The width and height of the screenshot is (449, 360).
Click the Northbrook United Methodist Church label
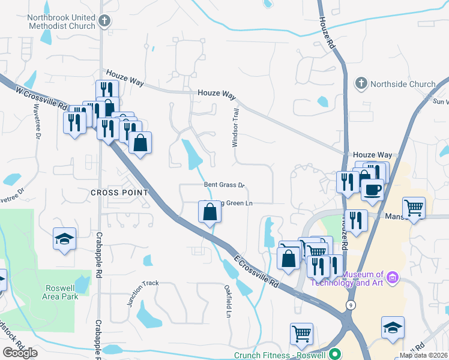pyautogui.click(x=61, y=22)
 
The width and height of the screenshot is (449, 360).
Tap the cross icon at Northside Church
pyautogui.click(x=361, y=82)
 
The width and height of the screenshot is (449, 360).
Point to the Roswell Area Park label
pyautogui.click(x=61, y=292)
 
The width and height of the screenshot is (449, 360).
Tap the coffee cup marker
pyautogui.click(x=372, y=190)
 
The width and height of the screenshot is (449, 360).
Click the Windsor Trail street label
pyautogui.click(x=236, y=128)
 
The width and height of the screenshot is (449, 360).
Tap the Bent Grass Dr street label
pyautogui.click(x=224, y=185)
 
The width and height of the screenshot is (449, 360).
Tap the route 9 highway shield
pyautogui.click(x=350, y=305)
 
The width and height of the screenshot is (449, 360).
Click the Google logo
pyautogui.click(x=20, y=353)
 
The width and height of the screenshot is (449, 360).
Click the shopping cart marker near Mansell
pyautogui.click(x=414, y=209)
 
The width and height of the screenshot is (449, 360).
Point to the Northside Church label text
pyautogui.click(x=403, y=84)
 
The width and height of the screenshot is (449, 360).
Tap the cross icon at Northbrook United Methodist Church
pyautogui.click(x=104, y=22)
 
